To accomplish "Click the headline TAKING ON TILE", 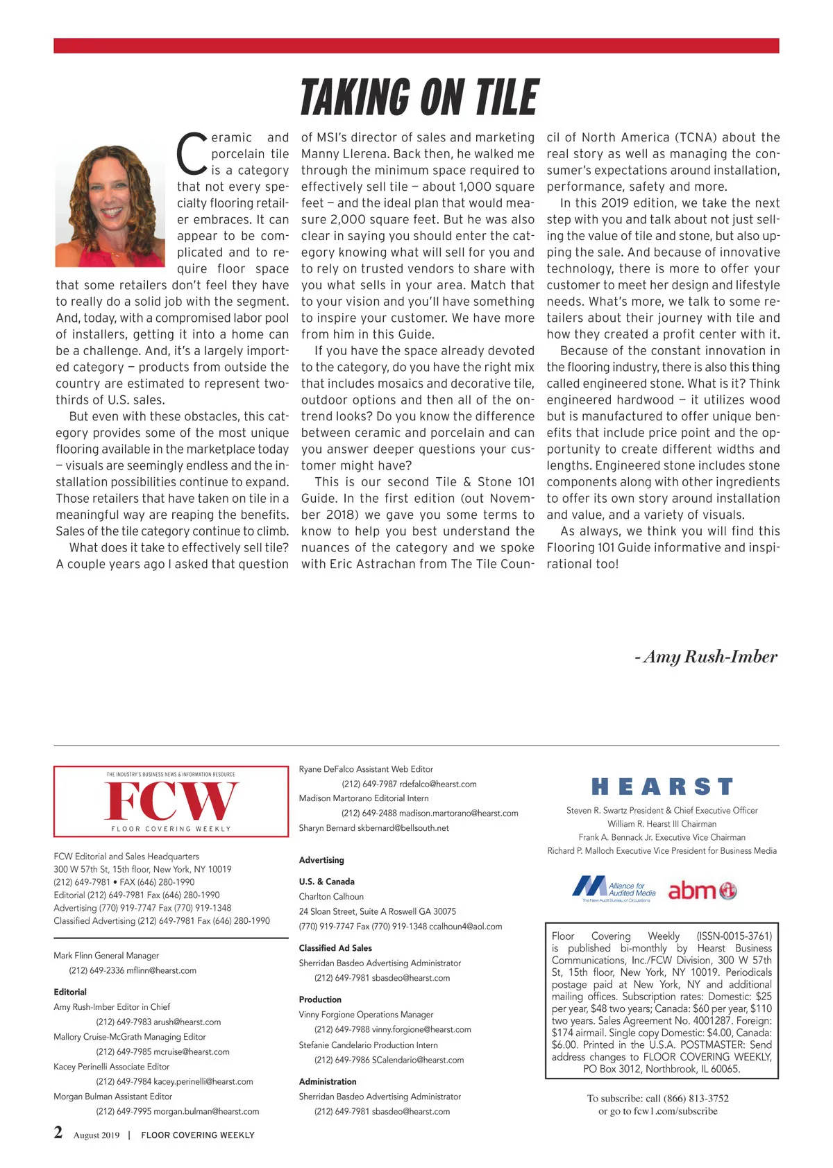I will pyautogui.click(x=419, y=97).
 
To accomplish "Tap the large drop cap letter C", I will pyautogui.click(x=192, y=154).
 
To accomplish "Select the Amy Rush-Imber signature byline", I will pyautogui.click(x=706, y=657).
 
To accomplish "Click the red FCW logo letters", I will pyautogui.click(x=171, y=801).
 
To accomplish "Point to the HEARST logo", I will pyautogui.click(x=662, y=787).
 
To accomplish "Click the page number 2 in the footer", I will pyautogui.click(x=58, y=1133).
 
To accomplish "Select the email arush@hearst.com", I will pyautogui.click(x=187, y=1022).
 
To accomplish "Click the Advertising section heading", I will pyautogui.click(x=321, y=860).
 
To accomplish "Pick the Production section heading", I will pyautogui.click(x=320, y=999).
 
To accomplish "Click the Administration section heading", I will pyautogui.click(x=328, y=1081).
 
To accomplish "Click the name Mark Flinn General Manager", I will pyautogui.click(x=106, y=955).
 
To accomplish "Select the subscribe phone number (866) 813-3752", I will pyautogui.click(x=696, y=1098).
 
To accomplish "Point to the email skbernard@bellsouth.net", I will pyautogui.click(x=403, y=827).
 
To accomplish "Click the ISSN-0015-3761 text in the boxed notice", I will pyautogui.click(x=734, y=936).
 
